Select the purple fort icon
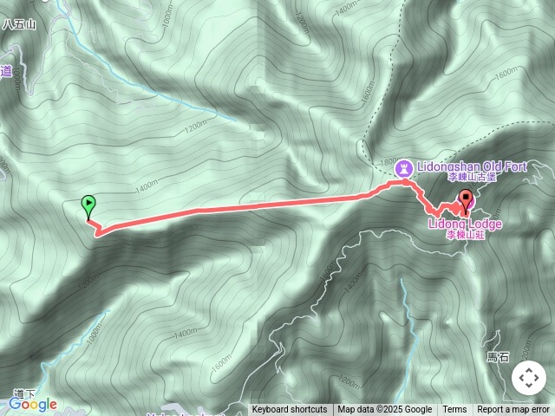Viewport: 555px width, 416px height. click(x=403, y=166)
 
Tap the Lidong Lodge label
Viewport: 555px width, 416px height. click(x=464, y=224)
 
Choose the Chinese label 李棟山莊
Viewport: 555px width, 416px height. click(x=463, y=235)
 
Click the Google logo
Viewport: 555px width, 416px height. click(x=33, y=404)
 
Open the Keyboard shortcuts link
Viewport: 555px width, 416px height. click(x=290, y=410)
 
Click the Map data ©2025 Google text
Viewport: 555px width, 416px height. click(x=384, y=410)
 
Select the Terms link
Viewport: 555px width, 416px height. click(x=454, y=410)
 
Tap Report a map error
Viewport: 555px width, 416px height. click(x=513, y=410)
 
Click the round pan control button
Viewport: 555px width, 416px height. click(x=528, y=378)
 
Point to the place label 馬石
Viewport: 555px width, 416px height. click(x=498, y=356)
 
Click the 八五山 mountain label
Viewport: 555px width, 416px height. click(x=19, y=24)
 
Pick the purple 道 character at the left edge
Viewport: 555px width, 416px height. click(x=6, y=73)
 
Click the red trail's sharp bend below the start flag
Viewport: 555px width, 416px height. click(x=97, y=232)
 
